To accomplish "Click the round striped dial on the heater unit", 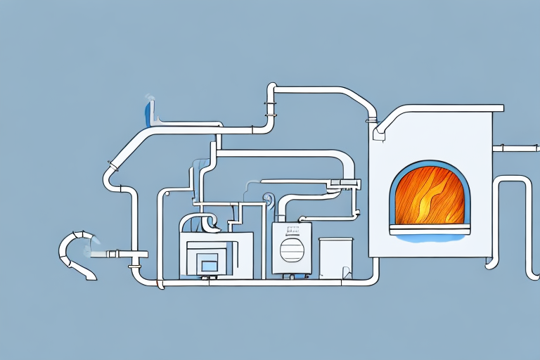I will [290, 251].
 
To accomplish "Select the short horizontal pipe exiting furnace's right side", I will [515, 148].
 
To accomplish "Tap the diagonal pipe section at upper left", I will [127, 150].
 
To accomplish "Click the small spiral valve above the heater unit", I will [268, 200].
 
